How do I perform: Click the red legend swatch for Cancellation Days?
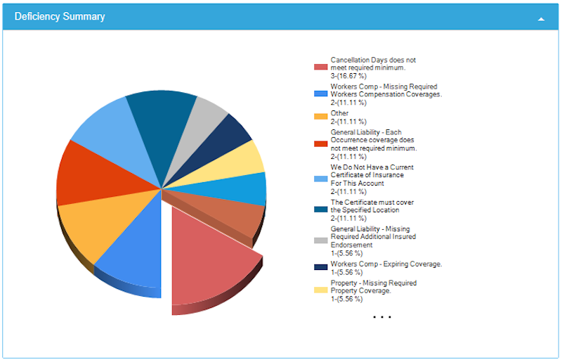point(320,67)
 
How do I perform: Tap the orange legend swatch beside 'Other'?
point(320,117)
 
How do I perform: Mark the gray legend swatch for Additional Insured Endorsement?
point(320,240)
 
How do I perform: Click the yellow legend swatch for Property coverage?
point(320,290)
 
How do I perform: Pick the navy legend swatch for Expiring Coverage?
point(320,267)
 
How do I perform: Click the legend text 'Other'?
point(339,113)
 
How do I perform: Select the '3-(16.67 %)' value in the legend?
point(348,76)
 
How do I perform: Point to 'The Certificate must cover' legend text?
point(372,202)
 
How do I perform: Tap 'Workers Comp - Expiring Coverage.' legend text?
point(386,264)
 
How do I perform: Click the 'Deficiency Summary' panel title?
point(60,16)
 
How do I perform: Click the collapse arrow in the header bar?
point(541,18)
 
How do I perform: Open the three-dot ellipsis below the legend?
point(381,317)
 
